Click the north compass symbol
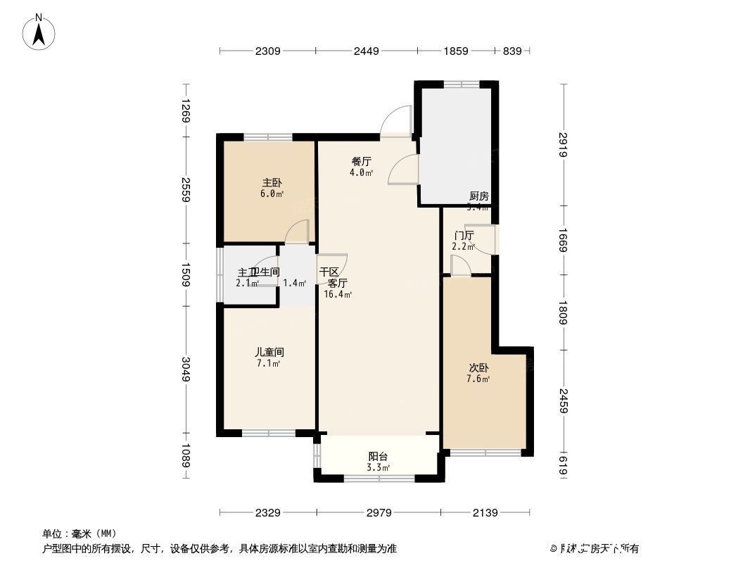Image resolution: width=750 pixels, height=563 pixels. pos(40,32)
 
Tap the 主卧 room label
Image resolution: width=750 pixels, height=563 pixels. pos(272,182)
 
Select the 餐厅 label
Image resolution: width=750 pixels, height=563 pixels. pos(362,161)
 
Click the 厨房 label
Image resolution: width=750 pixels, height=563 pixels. pos(479,196)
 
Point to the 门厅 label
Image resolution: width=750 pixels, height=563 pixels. pos(464,235)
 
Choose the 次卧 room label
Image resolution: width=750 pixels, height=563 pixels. pos(479,367)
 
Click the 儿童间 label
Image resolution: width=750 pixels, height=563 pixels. pos(269,352)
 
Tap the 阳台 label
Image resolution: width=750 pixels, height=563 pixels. pos(379,455)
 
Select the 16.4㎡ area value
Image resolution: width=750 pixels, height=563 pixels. pos(338,295)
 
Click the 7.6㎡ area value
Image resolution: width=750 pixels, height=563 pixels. pos(478,379)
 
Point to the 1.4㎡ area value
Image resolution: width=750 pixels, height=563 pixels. pos(294,284)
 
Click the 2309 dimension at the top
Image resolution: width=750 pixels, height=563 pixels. pos(268,51)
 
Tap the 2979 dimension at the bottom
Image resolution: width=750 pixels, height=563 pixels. pos(379,512)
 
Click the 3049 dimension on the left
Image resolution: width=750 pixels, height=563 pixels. pos(186,370)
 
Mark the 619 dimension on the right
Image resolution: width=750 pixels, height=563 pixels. pos(563,466)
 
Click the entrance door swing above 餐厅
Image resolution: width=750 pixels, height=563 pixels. pos(396,120)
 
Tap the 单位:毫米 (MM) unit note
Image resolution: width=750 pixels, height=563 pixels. pos(80,533)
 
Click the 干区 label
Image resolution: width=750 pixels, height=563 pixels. pos(329,272)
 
